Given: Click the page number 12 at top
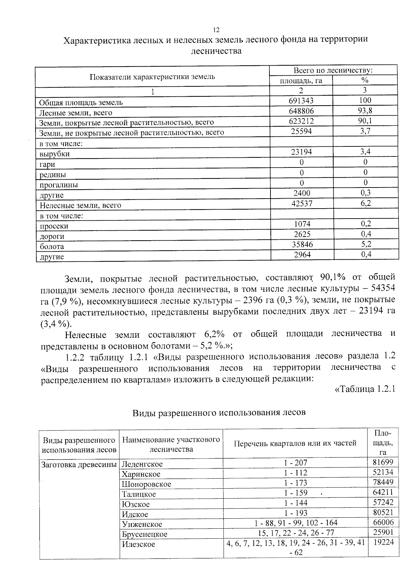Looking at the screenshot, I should tap(216, 30).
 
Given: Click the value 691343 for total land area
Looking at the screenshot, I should tap(301, 100).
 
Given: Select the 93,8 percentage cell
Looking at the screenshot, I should tap(365, 111).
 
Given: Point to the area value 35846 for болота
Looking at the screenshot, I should tap(302, 244).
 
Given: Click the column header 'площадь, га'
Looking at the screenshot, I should tap(301, 80).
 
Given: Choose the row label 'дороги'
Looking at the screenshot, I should tap(52, 237).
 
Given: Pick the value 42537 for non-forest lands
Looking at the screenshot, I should tap(302, 204).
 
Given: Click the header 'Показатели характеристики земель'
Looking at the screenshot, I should tap(152, 77).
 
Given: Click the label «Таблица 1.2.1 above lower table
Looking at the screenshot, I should tap(365, 389).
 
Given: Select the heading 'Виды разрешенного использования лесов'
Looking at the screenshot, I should tap(219, 412).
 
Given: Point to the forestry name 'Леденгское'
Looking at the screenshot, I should tap(142, 464).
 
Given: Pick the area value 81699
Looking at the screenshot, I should tap(383, 462).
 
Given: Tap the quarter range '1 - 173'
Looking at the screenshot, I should tap(295, 483).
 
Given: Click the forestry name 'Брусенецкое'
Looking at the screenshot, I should tap(145, 534).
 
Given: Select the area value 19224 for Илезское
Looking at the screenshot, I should tap(383, 542).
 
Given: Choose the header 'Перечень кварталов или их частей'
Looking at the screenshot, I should tap(295, 443).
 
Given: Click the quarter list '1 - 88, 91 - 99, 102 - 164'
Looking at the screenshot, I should tap(296, 523).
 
